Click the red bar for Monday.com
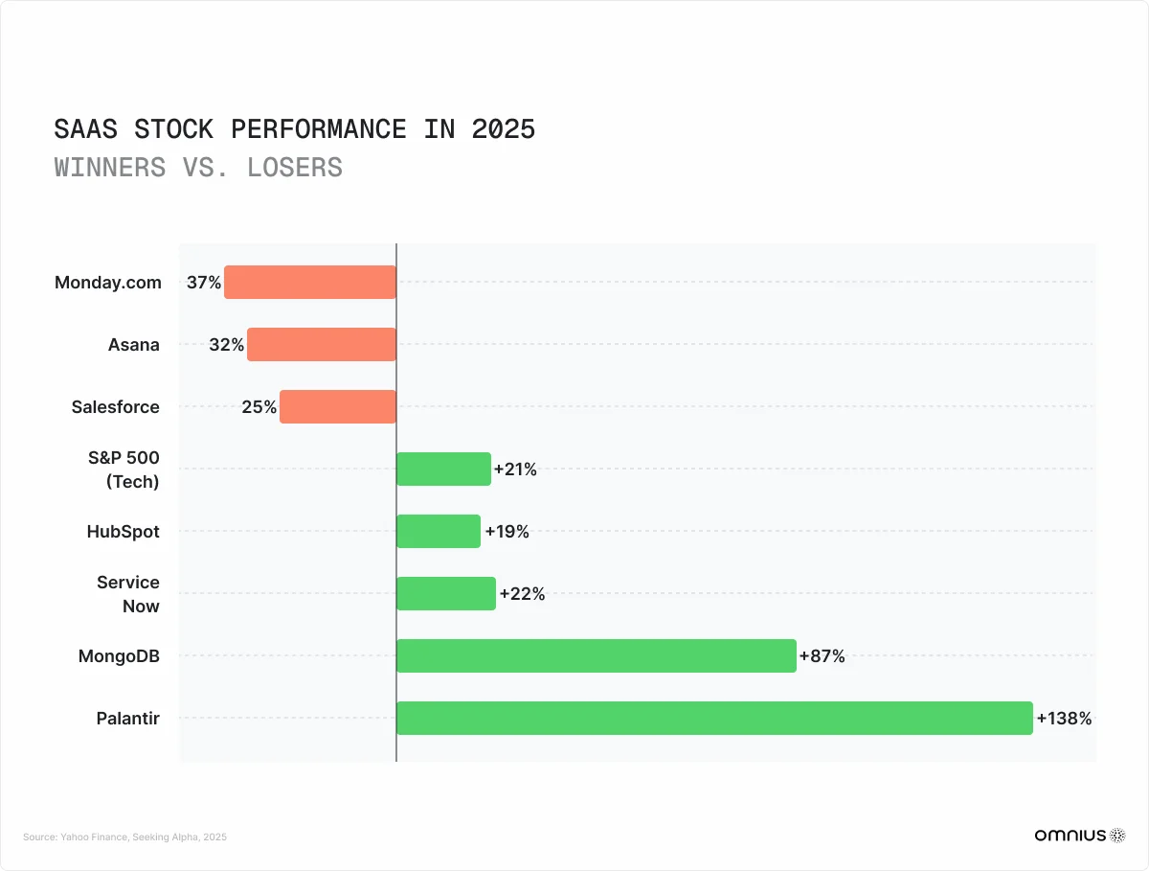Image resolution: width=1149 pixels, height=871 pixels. pos(309,283)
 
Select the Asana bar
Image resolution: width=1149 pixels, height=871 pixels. pos(321,344)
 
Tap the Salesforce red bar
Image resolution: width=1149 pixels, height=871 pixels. pos(337,406)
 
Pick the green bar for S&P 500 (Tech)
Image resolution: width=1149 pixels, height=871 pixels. pos(443,469)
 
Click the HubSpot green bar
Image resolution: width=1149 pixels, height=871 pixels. pos(438,531)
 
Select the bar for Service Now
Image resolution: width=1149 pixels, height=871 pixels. pos(445,593)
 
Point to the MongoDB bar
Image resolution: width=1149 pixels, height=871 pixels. pos(596,655)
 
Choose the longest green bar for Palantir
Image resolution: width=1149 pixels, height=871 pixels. pos(714,718)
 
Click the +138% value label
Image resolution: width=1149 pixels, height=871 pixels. pos(1064,718)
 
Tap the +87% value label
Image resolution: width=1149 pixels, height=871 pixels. pos(822,656)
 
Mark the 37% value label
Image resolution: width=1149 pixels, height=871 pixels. pos(203,283)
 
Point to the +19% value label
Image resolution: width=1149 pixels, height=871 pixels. pos(507,532)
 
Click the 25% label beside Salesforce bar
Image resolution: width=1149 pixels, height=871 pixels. pos(259,407)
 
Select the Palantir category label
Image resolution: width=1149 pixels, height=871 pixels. pos(127,718)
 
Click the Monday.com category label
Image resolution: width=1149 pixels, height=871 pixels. pos(107,283)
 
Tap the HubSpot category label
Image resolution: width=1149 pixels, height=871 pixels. pos(123,531)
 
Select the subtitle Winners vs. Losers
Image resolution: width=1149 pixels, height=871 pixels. pos(198,167)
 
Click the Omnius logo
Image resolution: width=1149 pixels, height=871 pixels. pos(1079,836)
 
